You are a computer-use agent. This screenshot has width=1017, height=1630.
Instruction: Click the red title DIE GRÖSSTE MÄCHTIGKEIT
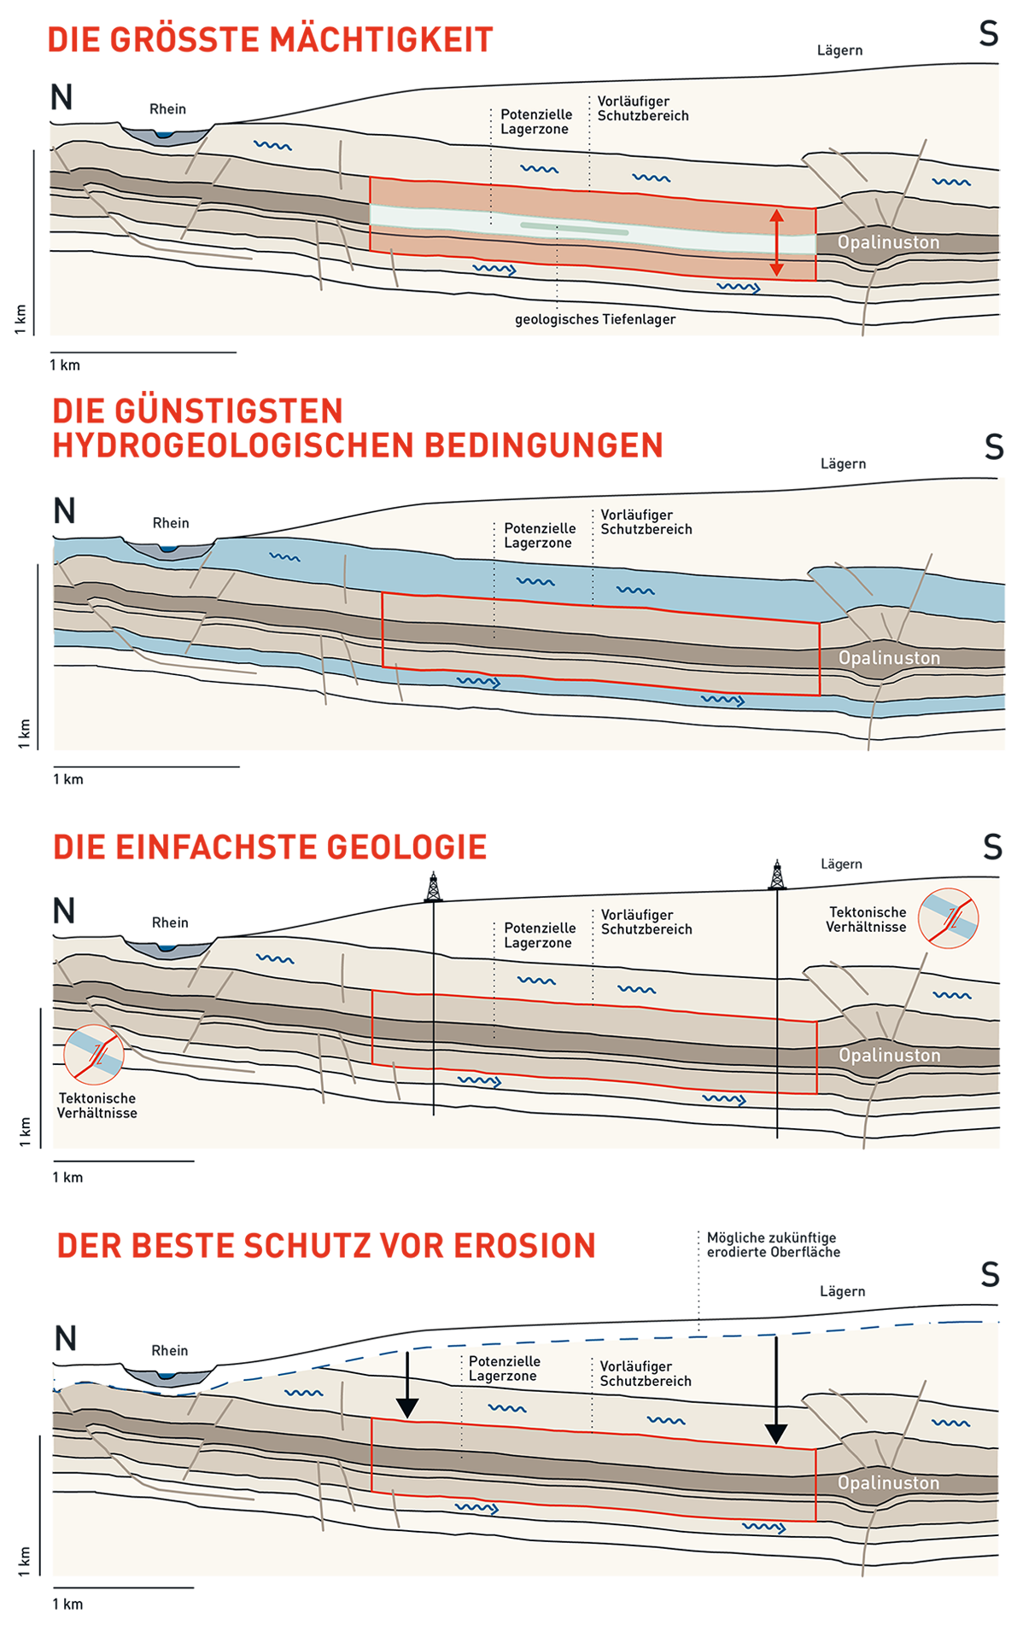pos(270,39)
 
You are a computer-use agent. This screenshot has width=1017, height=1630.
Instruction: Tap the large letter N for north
pos(61,97)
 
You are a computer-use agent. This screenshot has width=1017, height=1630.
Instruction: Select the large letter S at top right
pos(989,34)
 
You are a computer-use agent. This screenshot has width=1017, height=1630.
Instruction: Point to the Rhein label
pos(167,108)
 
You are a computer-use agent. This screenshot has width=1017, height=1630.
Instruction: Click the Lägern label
pos(839,50)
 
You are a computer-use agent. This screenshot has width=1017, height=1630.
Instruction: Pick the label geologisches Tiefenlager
pos(595,319)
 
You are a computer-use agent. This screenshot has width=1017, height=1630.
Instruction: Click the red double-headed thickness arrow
pos(776,242)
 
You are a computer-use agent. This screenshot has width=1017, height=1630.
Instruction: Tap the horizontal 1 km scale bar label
pos(65,365)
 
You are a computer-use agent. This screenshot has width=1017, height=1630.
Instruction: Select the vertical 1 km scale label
pos(21,319)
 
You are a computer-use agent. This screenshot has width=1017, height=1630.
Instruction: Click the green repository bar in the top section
pos(574,229)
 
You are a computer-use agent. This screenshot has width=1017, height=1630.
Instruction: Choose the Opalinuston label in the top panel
pos(888,242)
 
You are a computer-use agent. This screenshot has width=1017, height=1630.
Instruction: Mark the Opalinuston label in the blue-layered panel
pos(889,658)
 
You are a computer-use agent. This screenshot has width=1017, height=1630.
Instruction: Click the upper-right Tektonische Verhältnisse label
pos(867,919)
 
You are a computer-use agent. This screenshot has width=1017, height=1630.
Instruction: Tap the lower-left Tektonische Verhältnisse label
pos(97,1105)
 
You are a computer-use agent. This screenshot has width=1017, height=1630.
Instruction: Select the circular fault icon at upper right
pos(948,918)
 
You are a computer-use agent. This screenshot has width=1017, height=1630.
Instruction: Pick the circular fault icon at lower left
pos(94,1055)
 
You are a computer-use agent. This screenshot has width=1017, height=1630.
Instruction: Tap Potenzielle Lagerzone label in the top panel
pos(536,121)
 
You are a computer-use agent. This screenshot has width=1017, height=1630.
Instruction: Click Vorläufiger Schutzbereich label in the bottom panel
pos(646,1373)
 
